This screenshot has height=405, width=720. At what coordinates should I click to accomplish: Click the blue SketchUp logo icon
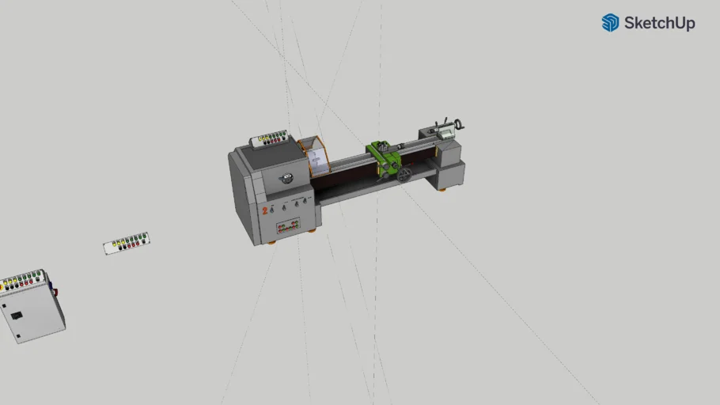pos(610,23)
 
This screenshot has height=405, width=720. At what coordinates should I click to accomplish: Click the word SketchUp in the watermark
pos(659,23)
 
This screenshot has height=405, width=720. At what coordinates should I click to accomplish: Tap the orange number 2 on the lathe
pos(264,210)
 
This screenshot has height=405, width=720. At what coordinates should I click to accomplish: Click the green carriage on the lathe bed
pos(387,158)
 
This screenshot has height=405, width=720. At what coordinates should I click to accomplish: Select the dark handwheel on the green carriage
pos(404,174)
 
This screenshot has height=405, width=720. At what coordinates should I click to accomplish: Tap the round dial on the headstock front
pos(287,178)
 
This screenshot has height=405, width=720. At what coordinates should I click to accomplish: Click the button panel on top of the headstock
pos(271,140)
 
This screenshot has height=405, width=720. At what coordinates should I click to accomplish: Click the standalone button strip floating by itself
pos(127,243)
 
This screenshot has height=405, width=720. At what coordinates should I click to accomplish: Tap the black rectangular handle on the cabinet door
pos(16,316)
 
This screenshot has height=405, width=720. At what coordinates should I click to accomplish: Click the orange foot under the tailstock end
pos(441,190)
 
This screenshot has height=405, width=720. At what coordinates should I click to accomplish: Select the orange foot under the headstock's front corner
pos(271,242)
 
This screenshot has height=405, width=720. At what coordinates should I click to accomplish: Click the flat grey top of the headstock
pos(263,157)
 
